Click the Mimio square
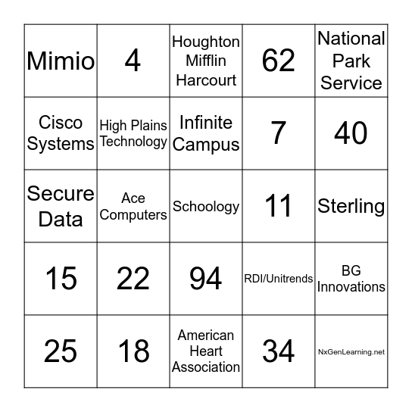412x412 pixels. (x=61, y=61)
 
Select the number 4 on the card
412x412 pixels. (x=133, y=61)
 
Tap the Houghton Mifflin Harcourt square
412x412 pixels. (x=206, y=61)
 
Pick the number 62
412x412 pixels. (x=278, y=61)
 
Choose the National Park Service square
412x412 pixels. (x=351, y=61)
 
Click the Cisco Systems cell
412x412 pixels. (x=61, y=133)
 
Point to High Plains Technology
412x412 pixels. (x=133, y=133)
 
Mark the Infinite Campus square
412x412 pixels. (x=206, y=133)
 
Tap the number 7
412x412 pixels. (x=278, y=133)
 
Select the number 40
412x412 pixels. (x=351, y=133)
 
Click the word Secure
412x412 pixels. (x=61, y=194)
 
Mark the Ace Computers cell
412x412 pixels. (x=133, y=206)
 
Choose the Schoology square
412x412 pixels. (x=206, y=206)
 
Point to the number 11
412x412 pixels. (x=278, y=206)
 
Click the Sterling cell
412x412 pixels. (x=351, y=206)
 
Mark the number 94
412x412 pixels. (x=206, y=279)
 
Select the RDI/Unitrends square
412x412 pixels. (x=278, y=279)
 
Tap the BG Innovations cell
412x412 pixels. (x=351, y=279)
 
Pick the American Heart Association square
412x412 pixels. (x=206, y=351)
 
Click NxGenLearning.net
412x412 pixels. (x=351, y=351)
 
